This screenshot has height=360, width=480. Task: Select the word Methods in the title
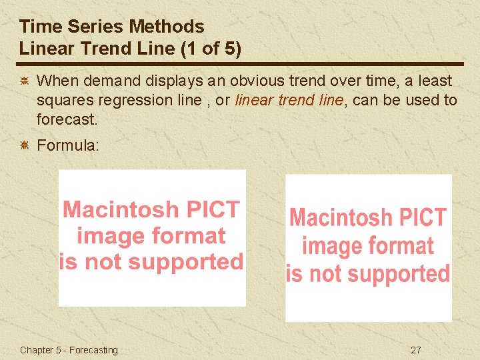[x=167, y=27]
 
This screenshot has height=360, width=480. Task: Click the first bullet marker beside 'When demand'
[x=23, y=81]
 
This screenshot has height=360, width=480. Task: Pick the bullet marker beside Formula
[x=23, y=145]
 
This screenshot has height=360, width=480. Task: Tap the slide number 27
[x=416, y=350]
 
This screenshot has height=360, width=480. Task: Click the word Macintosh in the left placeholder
[x=111, y=209]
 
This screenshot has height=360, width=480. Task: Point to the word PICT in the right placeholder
[x=420, y=217]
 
